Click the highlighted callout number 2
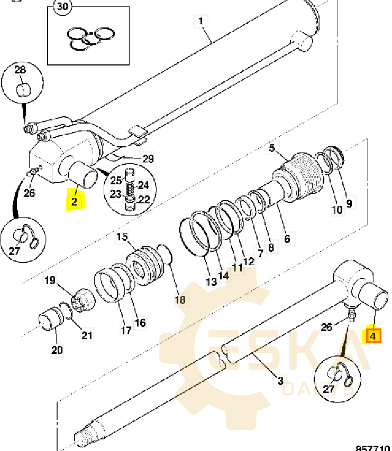tap(75, 201)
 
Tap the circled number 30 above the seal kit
tap(63, 7)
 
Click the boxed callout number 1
tap(200, 22)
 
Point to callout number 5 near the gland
tap(272, 148)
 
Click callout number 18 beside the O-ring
tap(180, 299)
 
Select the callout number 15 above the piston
tap(122, 238)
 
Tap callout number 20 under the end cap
tap(57, 349)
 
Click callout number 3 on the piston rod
tap(280, 380)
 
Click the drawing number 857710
tap(373, 447)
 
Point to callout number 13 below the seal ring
tap(211, 281)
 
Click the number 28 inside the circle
tap(20, 70)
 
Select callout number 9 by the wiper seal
tap(349, 202)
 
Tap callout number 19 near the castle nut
tap(49, 280)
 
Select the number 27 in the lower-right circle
tap(329, 390)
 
